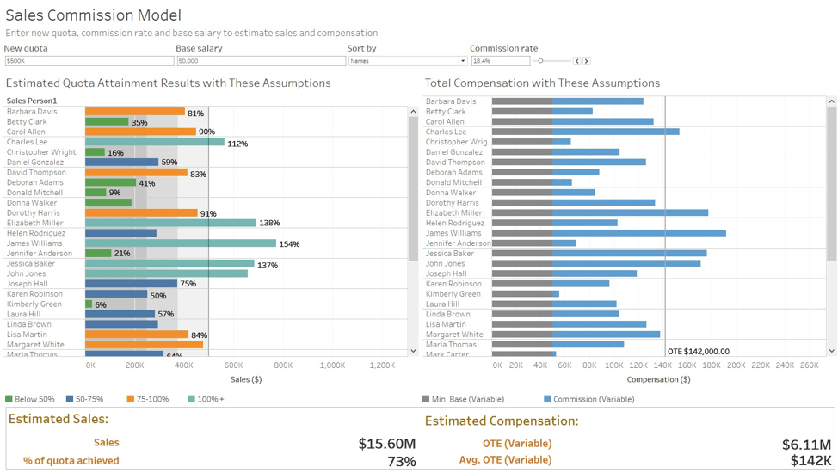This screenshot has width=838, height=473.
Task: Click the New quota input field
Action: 89,61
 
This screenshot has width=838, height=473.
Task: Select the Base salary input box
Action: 261,61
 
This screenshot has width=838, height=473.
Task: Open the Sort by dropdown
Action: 407,61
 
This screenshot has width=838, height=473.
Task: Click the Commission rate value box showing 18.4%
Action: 500,61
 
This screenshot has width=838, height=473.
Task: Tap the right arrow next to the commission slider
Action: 587,61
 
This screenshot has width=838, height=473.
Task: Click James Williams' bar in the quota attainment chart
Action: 181,243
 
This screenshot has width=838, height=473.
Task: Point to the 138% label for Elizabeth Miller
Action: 269,224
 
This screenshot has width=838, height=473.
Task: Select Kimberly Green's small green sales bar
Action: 89,304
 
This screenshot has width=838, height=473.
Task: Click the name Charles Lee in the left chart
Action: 27,142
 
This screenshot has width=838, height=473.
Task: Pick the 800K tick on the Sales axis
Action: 282,365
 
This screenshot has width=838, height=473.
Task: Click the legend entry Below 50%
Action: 30,399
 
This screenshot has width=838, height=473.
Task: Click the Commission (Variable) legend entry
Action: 588,399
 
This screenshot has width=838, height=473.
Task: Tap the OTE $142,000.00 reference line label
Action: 698,351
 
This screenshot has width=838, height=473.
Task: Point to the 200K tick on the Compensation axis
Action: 736,365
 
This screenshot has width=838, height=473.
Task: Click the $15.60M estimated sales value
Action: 386,444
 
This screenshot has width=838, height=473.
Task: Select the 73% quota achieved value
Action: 401,462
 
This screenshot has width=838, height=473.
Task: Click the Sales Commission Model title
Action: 93,15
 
